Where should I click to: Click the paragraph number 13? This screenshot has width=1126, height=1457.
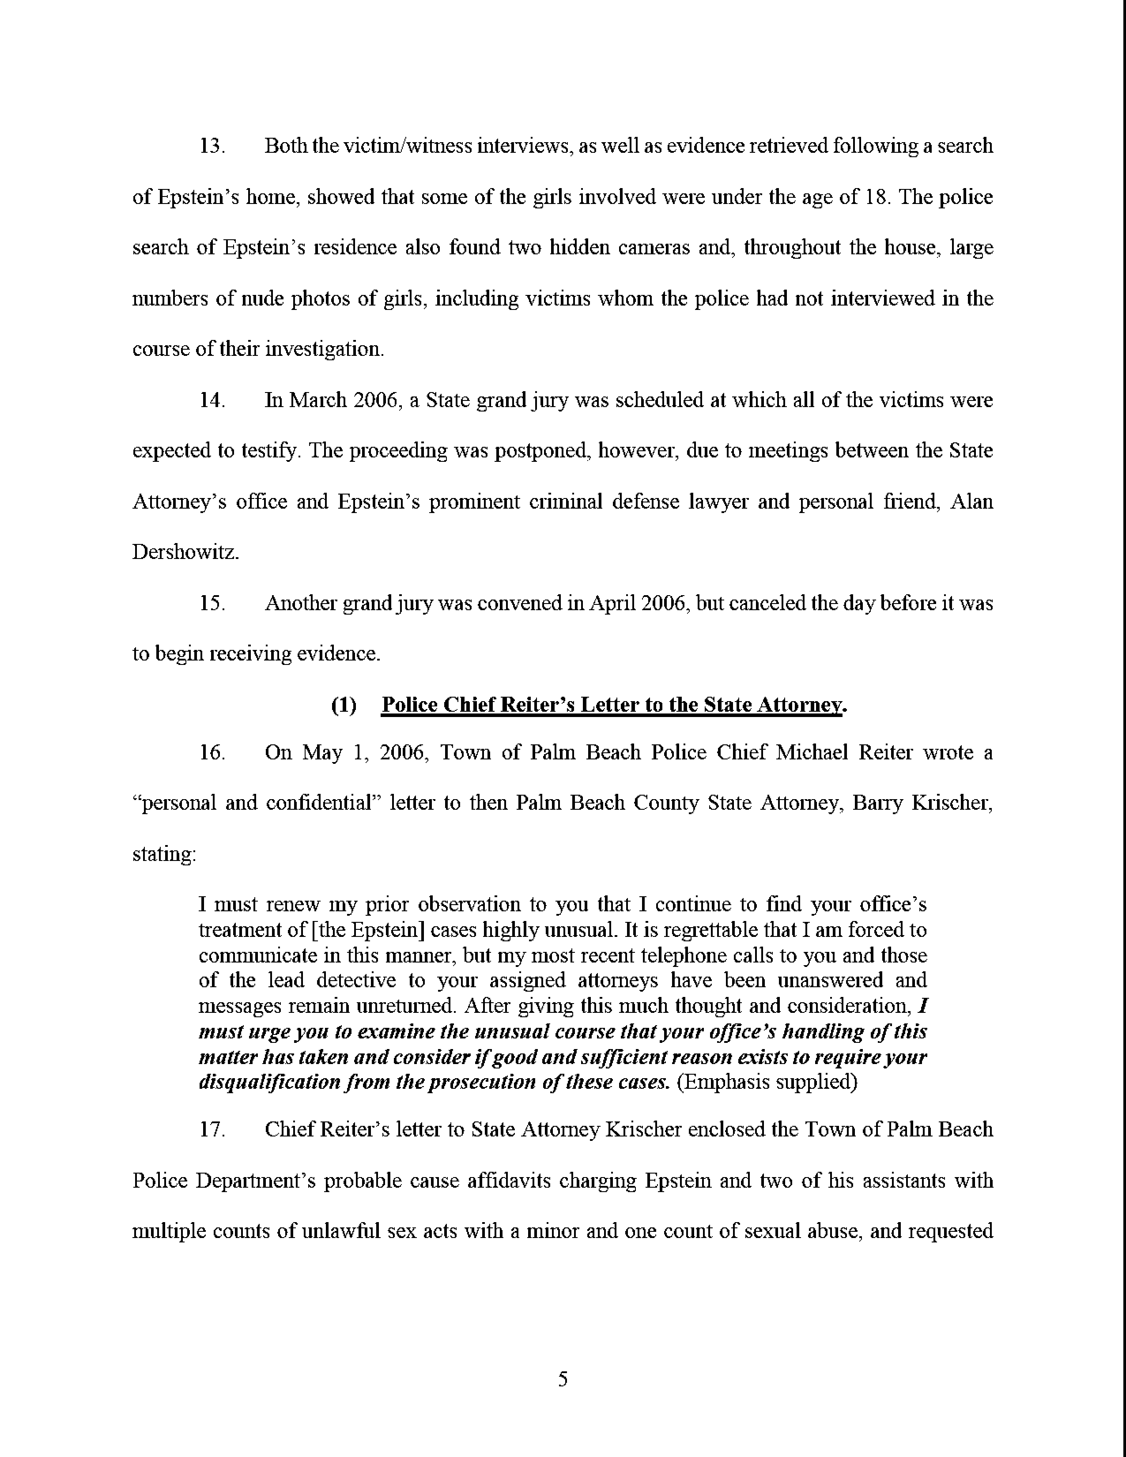click(212, 146)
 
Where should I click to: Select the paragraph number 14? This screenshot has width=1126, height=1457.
click(212, 400)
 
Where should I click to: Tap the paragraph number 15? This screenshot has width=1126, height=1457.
click(212, 603)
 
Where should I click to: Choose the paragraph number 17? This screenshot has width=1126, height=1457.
click(212, 1129)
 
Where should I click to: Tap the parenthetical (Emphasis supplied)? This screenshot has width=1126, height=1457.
click(767, 1081)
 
